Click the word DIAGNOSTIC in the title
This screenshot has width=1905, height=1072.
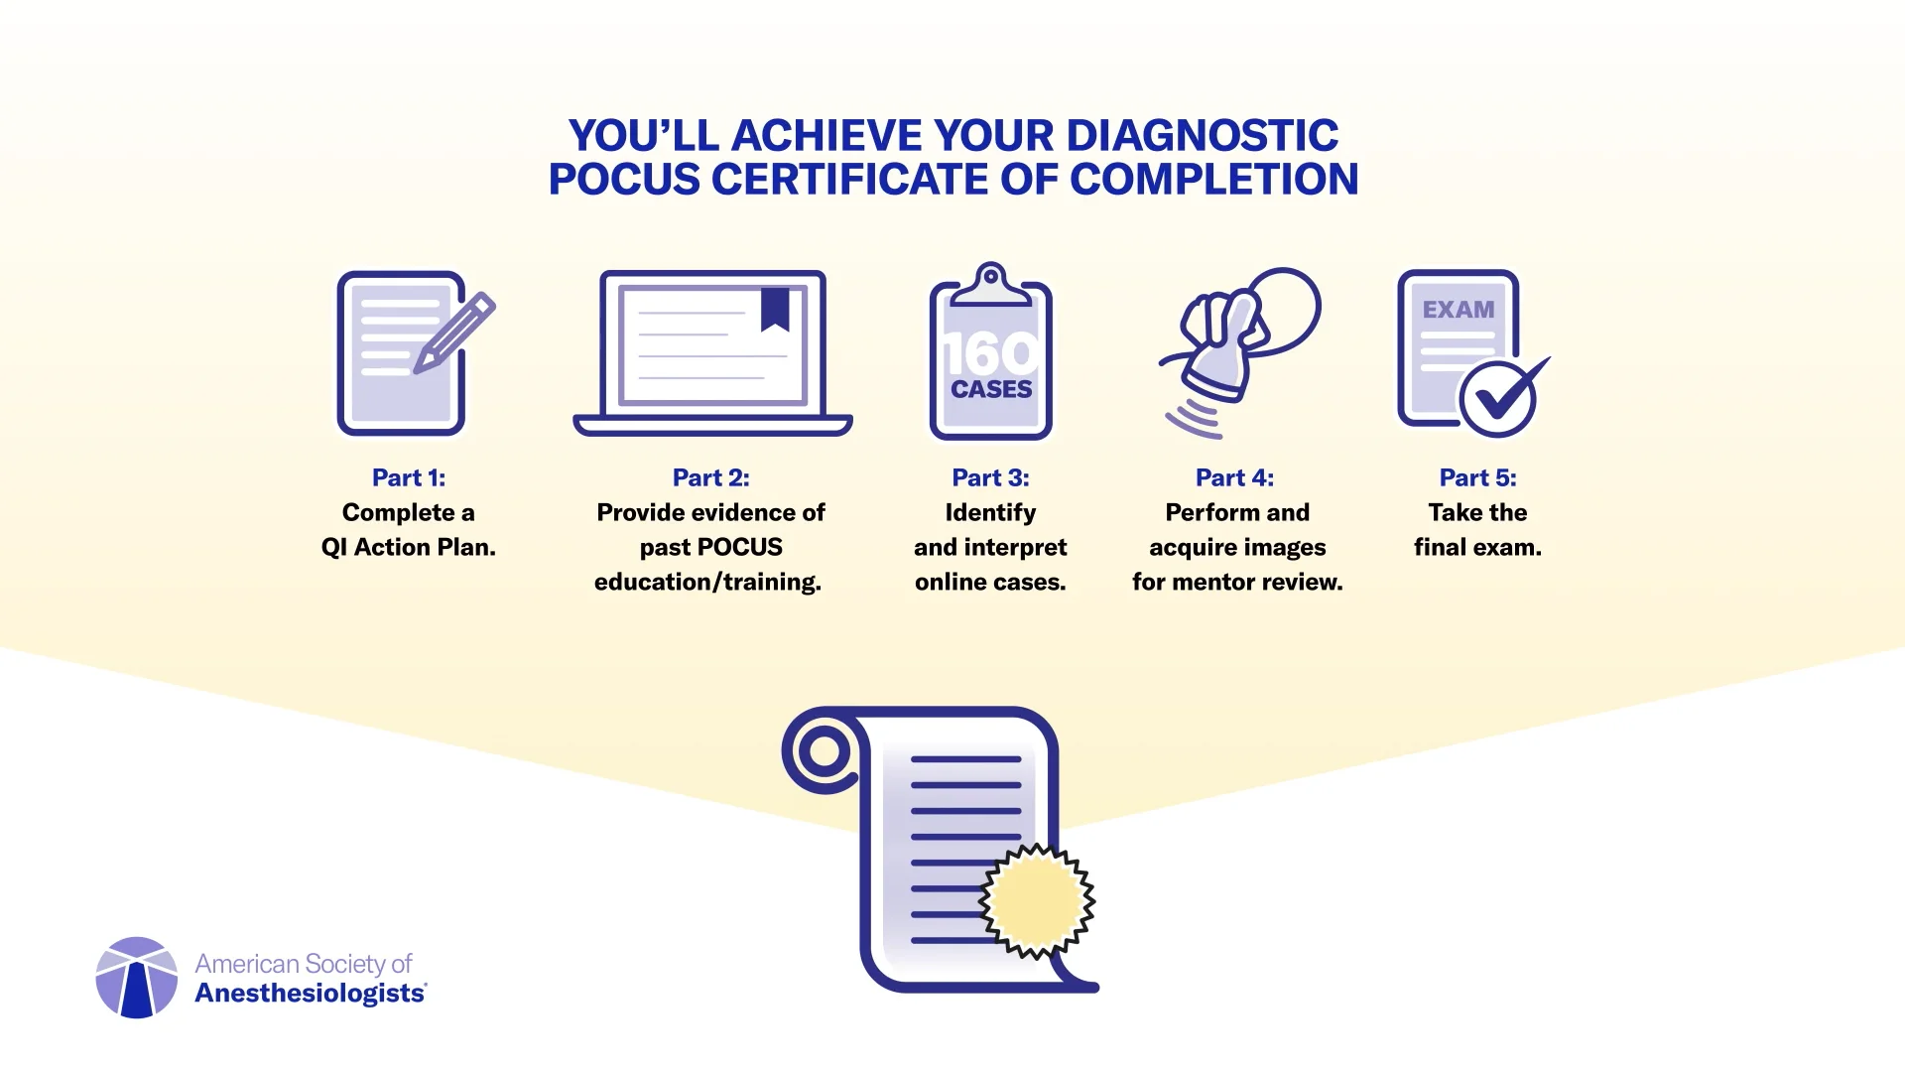click(x=1203, y=136)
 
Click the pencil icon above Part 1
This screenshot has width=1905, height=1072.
click(x=454, y=332)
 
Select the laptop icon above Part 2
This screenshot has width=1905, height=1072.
click(x=712, y=352)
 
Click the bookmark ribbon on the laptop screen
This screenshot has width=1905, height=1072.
click(x=775, y=310)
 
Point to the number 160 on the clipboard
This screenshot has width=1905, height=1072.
click(x=990, y=353)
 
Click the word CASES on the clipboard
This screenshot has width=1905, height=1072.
click(x=991, y=390)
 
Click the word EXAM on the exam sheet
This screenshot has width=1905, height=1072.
click(x=1458, y=310)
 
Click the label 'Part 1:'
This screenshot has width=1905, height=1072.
click(x=409, y=477)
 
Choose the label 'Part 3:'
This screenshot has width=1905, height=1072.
click(x=990, y=477)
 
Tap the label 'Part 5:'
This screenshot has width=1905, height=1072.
click(x=1477, y=477)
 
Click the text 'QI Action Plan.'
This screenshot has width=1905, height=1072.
click(x=408, y=547)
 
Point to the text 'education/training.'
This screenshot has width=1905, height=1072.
click(x=707, y=582)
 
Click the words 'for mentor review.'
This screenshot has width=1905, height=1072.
click(x=1237, y=582)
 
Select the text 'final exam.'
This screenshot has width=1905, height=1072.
click(x=1477, y=547)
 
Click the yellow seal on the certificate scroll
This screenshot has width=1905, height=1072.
click(x=1037, y=900)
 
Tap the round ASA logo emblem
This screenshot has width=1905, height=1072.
click(x=137, y=978)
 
